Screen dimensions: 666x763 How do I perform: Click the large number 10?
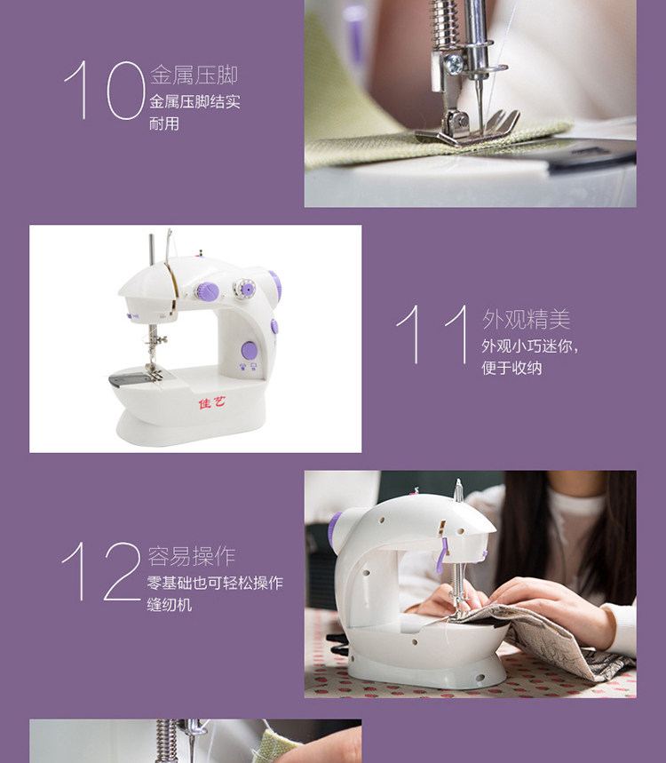coord(105,90)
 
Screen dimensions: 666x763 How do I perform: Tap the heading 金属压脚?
coord(194,76)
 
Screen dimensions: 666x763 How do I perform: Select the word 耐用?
coord(164,123)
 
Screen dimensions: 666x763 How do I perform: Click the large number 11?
coord(432,334)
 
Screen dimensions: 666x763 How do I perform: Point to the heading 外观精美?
coord(526,319)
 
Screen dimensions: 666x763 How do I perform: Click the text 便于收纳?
coord(511,368)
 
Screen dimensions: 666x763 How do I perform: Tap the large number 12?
coord(100,572)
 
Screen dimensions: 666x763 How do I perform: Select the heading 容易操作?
coord(192,556)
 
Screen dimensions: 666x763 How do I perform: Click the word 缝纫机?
coord(170,605)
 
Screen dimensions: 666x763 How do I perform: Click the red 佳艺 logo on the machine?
coord(212,402)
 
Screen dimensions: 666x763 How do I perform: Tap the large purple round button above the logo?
coord(249,350)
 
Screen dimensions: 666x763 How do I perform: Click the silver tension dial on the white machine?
coord(244,289)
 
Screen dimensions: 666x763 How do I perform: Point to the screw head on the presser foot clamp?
coord(455,64)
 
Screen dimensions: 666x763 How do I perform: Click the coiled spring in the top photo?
coord(444,24)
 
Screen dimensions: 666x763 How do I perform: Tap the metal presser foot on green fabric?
coord(467,129)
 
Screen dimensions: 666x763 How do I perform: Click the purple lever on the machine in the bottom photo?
coord(441,555)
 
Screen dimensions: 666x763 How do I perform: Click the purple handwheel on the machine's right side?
coord(276,287)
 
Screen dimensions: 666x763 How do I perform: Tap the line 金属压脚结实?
coord(194,101)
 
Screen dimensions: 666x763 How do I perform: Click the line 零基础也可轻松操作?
coord(215,583)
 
